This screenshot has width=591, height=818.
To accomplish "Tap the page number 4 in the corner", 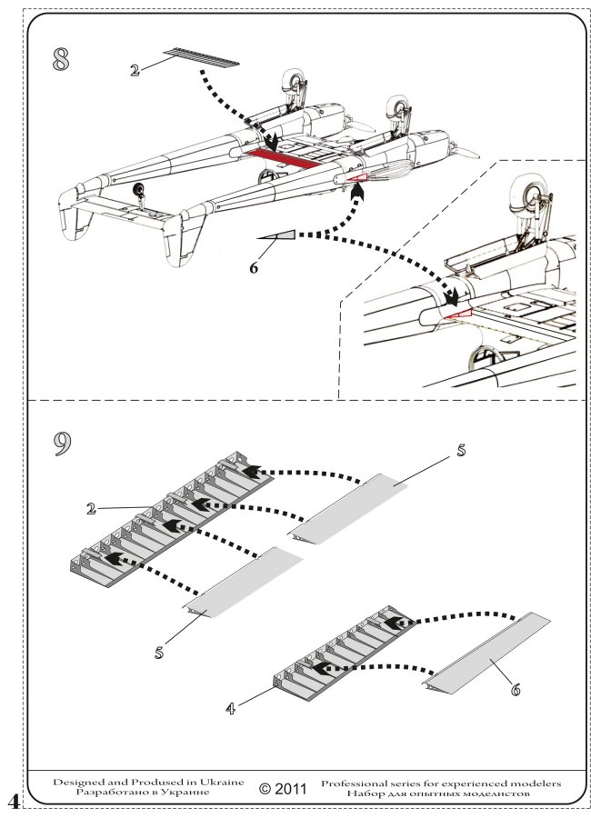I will click(x=12, y=799).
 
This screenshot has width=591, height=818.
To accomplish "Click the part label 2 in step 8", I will click(x=135, y=69).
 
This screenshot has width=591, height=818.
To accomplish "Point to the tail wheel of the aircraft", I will click(x=140, y=190).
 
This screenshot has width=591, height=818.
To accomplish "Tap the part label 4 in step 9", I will click(x=234, y=706).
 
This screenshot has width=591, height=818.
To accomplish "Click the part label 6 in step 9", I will click(x=516, y=691).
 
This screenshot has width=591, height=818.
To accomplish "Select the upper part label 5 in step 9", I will click(x=461, y=449).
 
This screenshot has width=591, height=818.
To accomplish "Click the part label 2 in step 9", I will click(x=91, y=509).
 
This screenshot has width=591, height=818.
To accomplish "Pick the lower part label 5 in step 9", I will click(x=157, y=651).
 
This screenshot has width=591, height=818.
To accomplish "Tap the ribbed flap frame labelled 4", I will click(x=332, y=654).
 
